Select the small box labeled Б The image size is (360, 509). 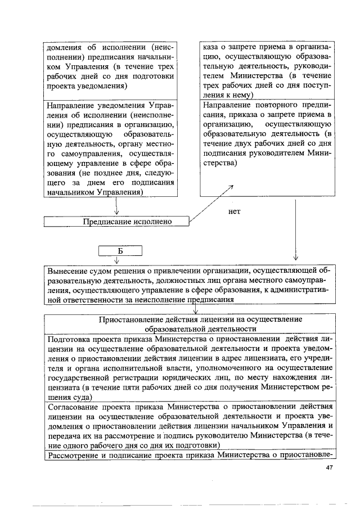[120, 250]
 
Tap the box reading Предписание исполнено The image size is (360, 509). [116, 222]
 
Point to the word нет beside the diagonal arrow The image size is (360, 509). [235, 212]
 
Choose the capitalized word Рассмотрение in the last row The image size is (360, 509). [74, 455]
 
